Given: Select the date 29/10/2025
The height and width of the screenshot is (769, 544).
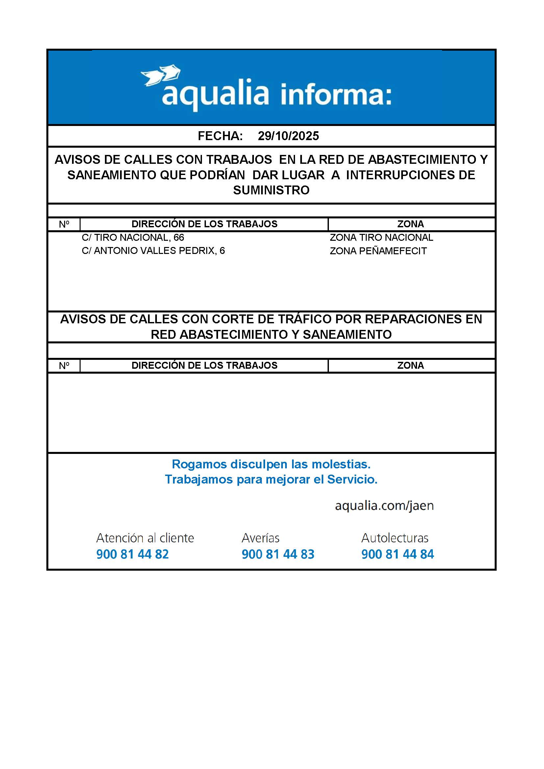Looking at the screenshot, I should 288,136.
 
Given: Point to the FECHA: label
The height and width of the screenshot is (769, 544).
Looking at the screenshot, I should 220,136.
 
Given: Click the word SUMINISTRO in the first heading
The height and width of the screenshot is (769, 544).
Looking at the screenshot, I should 271,190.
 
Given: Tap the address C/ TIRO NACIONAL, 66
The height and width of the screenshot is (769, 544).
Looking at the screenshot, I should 133,237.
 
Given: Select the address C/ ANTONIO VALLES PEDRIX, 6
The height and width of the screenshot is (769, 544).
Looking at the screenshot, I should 153,251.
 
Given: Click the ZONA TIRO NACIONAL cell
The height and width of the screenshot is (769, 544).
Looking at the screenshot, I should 381,237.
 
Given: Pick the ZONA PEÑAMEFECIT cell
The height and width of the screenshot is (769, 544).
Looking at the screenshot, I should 378,251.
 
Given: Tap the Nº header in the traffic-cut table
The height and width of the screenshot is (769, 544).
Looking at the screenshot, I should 64,365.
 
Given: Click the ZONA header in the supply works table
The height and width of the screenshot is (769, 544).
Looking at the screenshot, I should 410,224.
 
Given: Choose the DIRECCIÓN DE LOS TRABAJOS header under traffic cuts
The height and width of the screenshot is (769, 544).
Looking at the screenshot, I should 204,365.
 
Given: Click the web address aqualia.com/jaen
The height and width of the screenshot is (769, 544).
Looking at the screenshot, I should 384,506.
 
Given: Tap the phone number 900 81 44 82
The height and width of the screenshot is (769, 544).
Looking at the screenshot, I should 132,554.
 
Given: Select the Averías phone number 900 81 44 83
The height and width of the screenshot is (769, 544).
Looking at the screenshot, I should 278,554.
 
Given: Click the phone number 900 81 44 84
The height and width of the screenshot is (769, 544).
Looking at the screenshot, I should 398,554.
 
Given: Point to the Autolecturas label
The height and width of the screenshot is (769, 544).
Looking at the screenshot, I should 395,538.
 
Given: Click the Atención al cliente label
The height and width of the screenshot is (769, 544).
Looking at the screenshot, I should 145,538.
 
